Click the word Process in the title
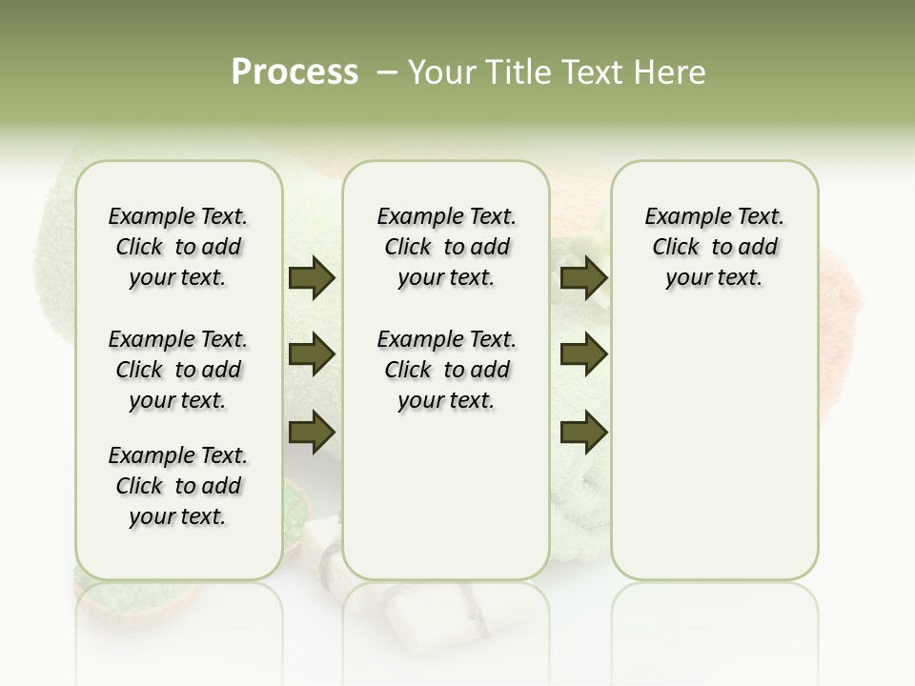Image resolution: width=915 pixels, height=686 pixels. (295, 72)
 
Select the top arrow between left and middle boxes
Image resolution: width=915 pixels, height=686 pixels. (312, 278)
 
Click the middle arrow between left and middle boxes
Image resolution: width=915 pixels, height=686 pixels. (312, 355)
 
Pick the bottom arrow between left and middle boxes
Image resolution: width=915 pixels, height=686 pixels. (312, 433)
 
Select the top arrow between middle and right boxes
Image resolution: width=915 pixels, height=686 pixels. (583, 278)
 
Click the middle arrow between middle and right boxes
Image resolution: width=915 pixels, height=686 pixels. (583, 355)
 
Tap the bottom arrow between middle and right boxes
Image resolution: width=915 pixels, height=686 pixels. (583, 433)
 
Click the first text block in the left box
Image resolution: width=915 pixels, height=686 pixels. (178, 247)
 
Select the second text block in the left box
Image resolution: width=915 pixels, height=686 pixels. (178, 370)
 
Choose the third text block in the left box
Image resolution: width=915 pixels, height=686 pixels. (178, 486)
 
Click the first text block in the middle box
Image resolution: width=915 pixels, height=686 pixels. (446, 247)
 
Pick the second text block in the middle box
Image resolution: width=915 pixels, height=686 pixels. (446, 370)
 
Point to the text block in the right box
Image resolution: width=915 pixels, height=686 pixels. (714, 247)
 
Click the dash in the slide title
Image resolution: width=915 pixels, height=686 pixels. (387, 72)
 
